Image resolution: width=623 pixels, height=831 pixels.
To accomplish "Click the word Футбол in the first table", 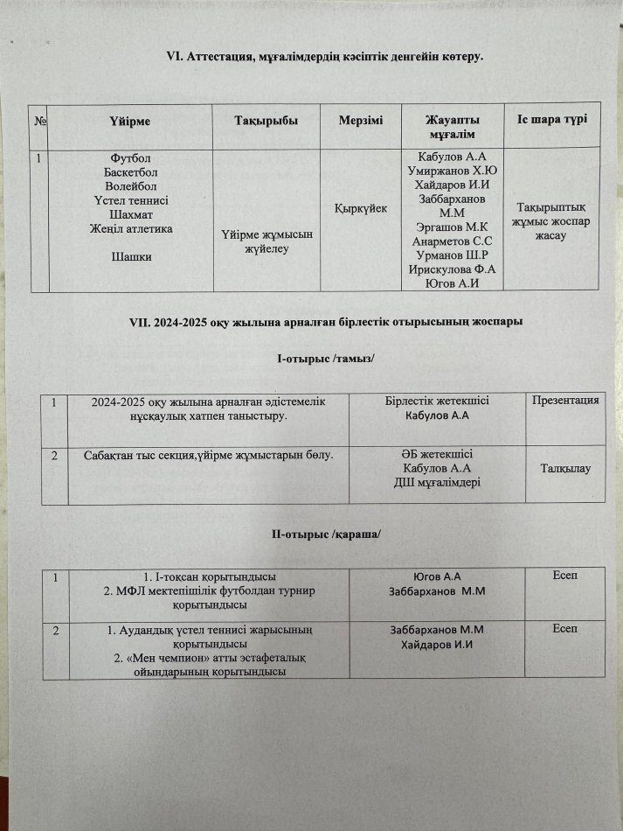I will pos(127,158).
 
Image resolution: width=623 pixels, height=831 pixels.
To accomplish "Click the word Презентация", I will pos(565,402).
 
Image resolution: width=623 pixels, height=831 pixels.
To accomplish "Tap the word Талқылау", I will pos(566,470).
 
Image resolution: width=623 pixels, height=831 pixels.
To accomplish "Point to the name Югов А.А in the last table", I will pos(436,577).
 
